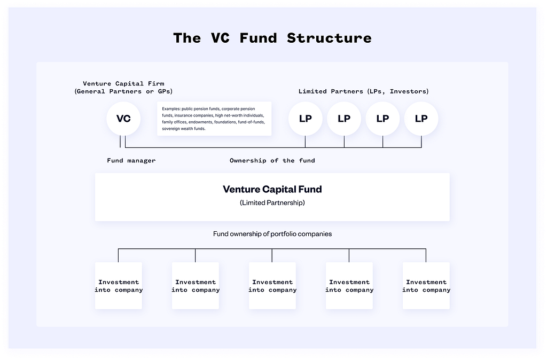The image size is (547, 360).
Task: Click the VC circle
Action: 123,119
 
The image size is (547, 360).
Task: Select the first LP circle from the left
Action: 305,119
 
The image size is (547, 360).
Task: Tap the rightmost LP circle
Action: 421,119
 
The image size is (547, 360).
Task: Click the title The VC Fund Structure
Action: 272,38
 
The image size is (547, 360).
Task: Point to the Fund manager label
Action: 131,160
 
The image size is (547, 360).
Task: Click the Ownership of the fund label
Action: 272,160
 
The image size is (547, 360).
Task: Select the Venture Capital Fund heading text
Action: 272,189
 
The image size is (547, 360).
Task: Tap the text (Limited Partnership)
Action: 272,202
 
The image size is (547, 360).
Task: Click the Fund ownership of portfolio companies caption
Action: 272,234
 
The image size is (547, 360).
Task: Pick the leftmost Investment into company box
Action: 119,286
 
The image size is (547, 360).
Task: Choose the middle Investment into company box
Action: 272,286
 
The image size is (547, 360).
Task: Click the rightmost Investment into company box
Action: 426,286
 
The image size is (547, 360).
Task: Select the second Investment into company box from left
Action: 196,286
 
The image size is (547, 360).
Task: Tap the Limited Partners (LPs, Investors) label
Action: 363,91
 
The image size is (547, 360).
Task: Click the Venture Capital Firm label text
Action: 123,83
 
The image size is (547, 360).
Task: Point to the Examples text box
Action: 214,119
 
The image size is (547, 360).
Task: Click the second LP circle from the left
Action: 344,119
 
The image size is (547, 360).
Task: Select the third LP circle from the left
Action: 382,119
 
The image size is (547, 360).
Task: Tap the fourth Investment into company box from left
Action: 349,286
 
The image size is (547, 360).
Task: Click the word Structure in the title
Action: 329,38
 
